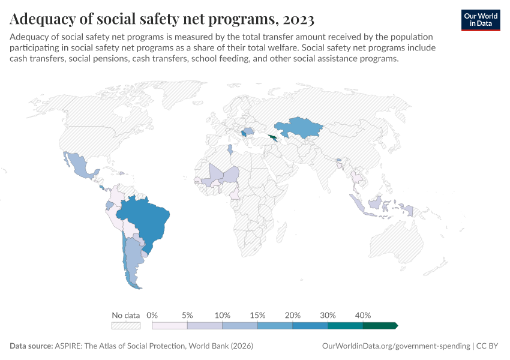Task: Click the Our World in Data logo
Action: pyautogui.click(x=480, y=20)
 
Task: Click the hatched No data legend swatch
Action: pyautogui.click(x=125, y=325)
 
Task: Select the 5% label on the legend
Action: pyautogui.click(x=187, y=315)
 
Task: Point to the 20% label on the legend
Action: pyautogui.click(x=293, y=315)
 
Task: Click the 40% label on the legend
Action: pyautogui.click(x=363, y=315)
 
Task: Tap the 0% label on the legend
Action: pyautogui.click(x=152, y=315)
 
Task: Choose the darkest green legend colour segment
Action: pyautogui.click(x=379, y=325)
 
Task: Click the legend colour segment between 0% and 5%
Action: pyautogui.click(x=170, y=325)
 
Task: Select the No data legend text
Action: pyautogui.click(x=125, y=315)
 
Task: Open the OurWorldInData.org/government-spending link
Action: pyautogui.click(x=395, y=346)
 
